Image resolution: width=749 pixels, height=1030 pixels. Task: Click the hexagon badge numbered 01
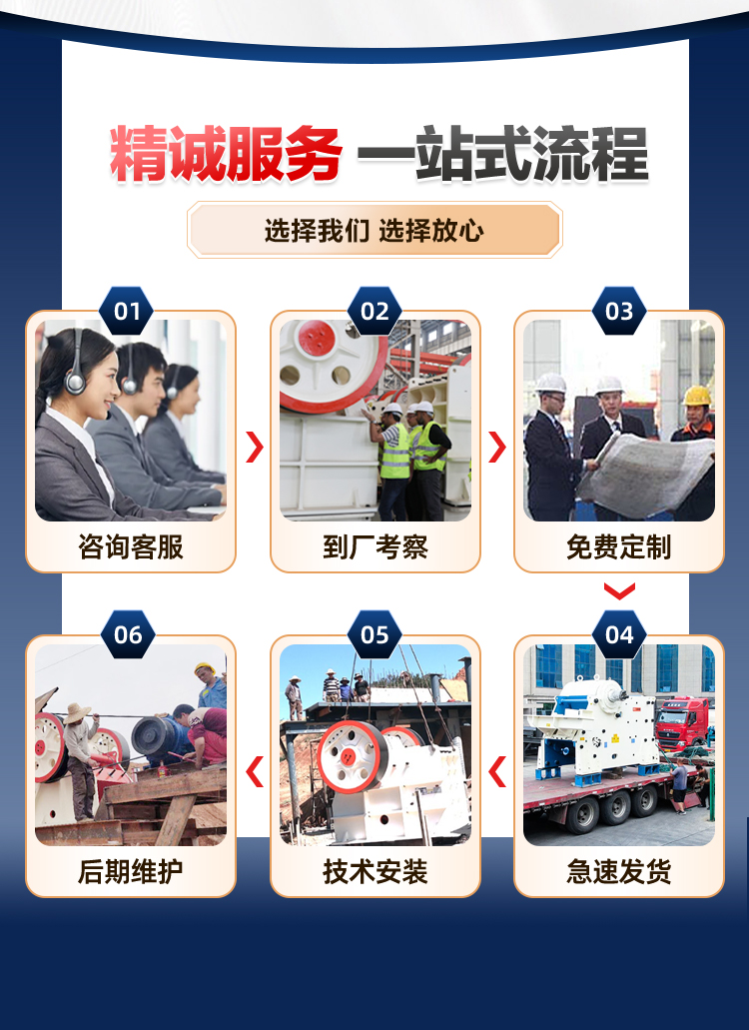coord(127,311)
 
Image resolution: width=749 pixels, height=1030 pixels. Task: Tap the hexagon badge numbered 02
coord(374,311)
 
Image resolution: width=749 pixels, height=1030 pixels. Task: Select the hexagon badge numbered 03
coord(619,311)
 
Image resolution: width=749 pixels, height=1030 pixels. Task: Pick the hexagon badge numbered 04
coord(619,634)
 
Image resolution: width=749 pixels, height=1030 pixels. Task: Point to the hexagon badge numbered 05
coord(374,634)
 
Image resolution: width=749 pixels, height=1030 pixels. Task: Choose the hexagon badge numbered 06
coord(128,634)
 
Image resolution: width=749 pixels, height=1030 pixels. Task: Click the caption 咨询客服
coord(131,546)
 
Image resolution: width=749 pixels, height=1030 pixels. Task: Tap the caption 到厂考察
coord(375,546)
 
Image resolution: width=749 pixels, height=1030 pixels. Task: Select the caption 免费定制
coord(619,546)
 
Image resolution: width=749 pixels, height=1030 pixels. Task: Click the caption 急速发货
coord(619,872)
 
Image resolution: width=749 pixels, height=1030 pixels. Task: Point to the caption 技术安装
coord(375,872)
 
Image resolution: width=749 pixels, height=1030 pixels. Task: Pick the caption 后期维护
coord(131,872)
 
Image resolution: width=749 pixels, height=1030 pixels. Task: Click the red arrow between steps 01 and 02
coord(255,448)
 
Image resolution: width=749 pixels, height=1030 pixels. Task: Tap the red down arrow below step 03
coord(619,591)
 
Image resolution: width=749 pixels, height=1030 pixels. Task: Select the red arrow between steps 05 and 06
coord(255,771)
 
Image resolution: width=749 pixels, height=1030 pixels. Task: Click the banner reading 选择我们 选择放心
coord(374,230)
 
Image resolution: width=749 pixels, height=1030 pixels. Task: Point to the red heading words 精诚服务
coord(225,155)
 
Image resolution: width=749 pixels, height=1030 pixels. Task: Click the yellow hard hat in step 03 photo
coord(697,396)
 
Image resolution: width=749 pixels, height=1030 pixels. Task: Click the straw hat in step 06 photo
coord(78,712)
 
